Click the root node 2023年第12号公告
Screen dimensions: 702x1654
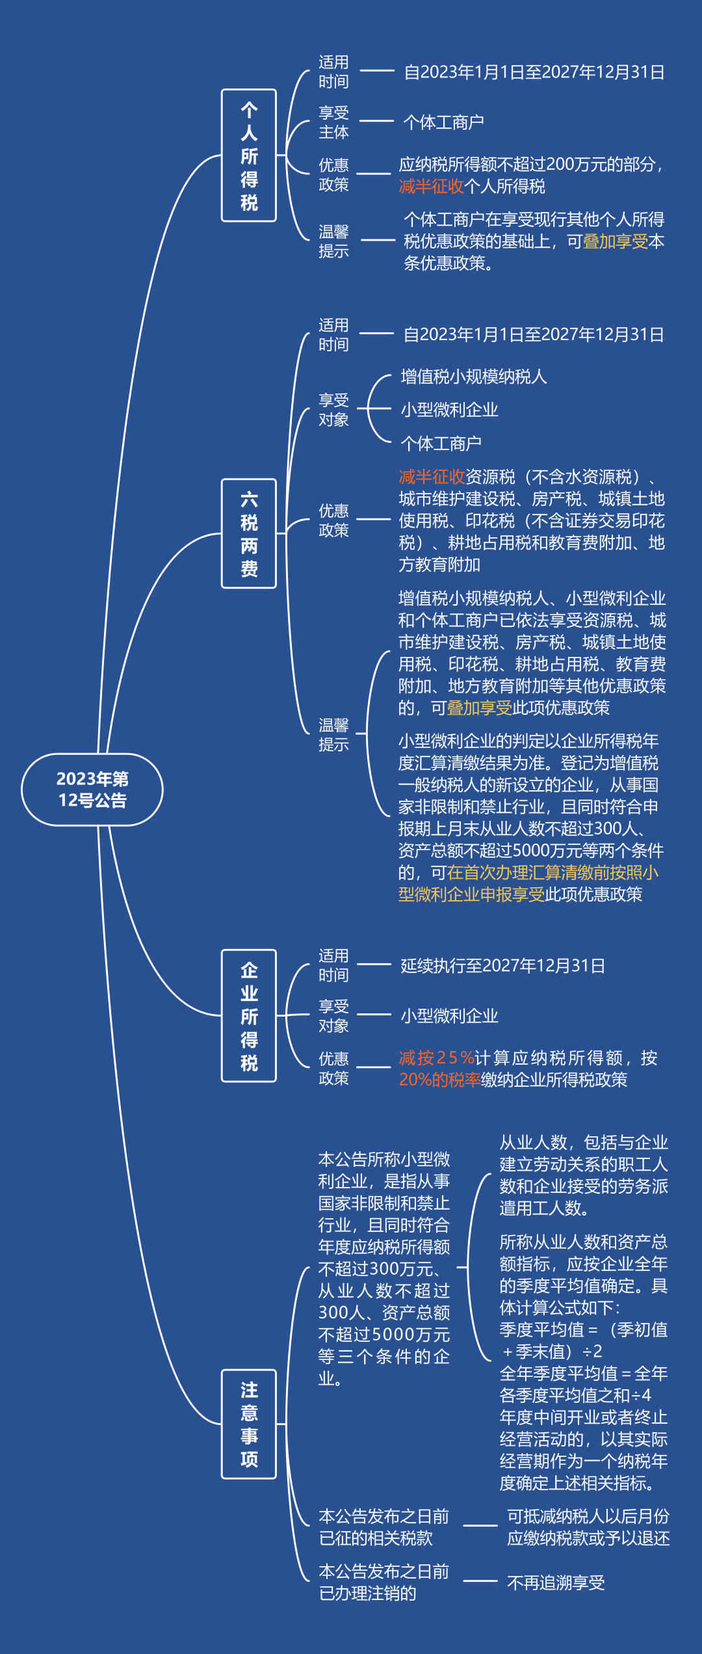click(92, 790)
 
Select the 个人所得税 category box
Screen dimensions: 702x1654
click(249, 155)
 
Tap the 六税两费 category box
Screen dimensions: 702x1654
click(249, 533)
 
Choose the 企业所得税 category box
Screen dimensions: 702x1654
click(249, 1016)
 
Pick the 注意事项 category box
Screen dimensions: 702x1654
click(249, 1424)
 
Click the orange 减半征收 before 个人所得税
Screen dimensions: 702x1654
click(432, 187)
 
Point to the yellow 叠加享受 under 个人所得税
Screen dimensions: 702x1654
click(616, 241)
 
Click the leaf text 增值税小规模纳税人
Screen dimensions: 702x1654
click(474, 377)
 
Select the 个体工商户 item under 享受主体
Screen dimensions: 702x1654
click(443, 122)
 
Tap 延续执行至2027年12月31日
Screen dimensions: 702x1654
click(503, 965)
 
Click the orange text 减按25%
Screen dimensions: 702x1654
click(437, 1058)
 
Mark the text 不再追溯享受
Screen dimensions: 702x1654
click(556, 1582)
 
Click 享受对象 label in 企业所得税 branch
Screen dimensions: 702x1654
click(333, 1016)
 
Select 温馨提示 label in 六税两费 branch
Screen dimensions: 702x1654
click(333, 734)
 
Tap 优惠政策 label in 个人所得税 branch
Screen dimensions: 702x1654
click(333, 174)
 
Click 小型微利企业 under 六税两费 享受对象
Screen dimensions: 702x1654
click(450, 410)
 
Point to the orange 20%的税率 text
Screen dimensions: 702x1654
click(440, 1080)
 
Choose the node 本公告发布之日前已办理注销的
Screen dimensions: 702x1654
click(383, 1582)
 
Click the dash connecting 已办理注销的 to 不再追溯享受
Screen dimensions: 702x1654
click(480, 1581)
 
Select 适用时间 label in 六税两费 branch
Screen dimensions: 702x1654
click(333, 334)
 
